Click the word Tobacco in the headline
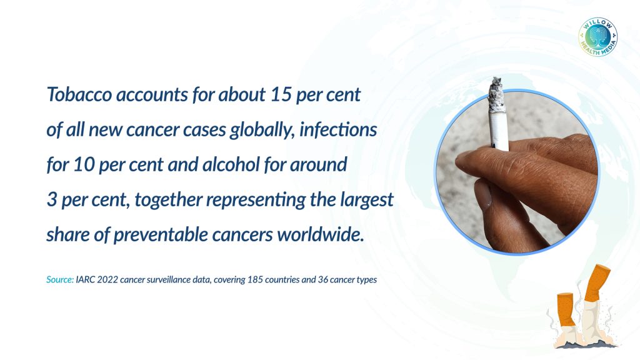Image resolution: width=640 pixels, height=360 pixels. tap(79, 94)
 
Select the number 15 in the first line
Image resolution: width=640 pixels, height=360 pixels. tap(281, 94)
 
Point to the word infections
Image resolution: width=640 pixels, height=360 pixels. tap(338, 129)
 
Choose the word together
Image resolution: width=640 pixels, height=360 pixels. tap(168, 199)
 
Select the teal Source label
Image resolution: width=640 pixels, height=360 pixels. tap(60, 279)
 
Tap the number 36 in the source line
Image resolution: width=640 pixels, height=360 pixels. tap(323, 279)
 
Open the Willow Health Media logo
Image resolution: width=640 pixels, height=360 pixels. tap(598, 37)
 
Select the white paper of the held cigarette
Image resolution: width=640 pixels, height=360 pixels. tap(499, 131)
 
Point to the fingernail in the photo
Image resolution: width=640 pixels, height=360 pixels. tap(482, 195)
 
